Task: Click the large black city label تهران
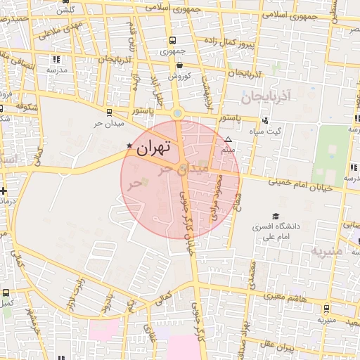(x=154, y=148)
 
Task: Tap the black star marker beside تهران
(x=129, y=146)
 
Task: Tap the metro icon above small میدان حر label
(x=108, y=112)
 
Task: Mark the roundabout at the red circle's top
(x=177, y=113)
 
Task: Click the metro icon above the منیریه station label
(x=326, y=309)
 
